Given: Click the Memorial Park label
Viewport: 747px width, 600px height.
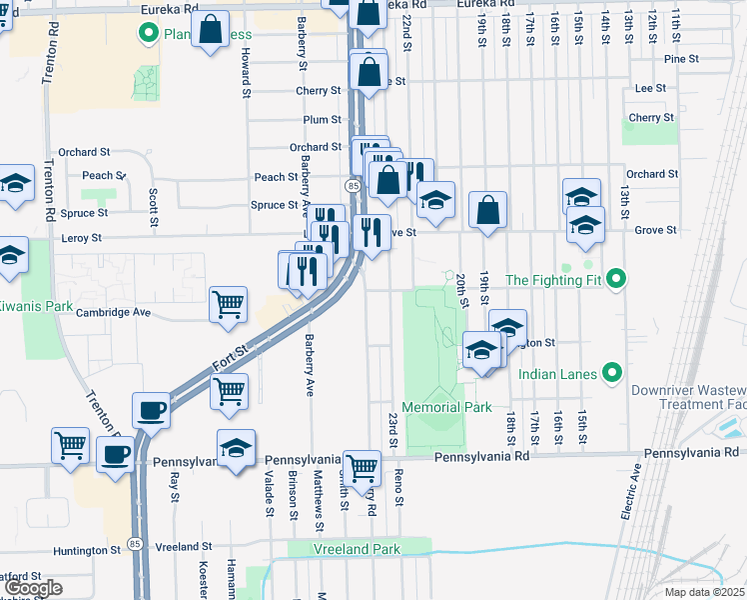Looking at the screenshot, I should [x=446, y=408].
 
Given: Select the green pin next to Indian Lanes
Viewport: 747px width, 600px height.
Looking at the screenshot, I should [x=612, y=374].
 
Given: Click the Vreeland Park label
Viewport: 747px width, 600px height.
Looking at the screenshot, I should [x=357, y=549].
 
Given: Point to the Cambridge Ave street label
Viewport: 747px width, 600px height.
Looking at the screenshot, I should [x=113, y=312].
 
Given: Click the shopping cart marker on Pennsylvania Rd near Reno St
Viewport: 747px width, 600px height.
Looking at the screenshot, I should [x=362, y=465].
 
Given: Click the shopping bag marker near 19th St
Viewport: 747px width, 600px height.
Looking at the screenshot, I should [x=487, y=210].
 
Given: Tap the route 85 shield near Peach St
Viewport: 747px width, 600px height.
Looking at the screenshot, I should [x=354, y=186].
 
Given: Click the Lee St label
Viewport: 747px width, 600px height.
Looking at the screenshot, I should [x=650, y=88].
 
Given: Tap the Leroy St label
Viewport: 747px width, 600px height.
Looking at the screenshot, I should [x=82, y=238].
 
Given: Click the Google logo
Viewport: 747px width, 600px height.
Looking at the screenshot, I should [x=34, y=588].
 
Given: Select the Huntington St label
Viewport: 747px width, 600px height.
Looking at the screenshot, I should [x=87, y=550].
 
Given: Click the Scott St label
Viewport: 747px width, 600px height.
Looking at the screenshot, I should [x=153, y=194].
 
